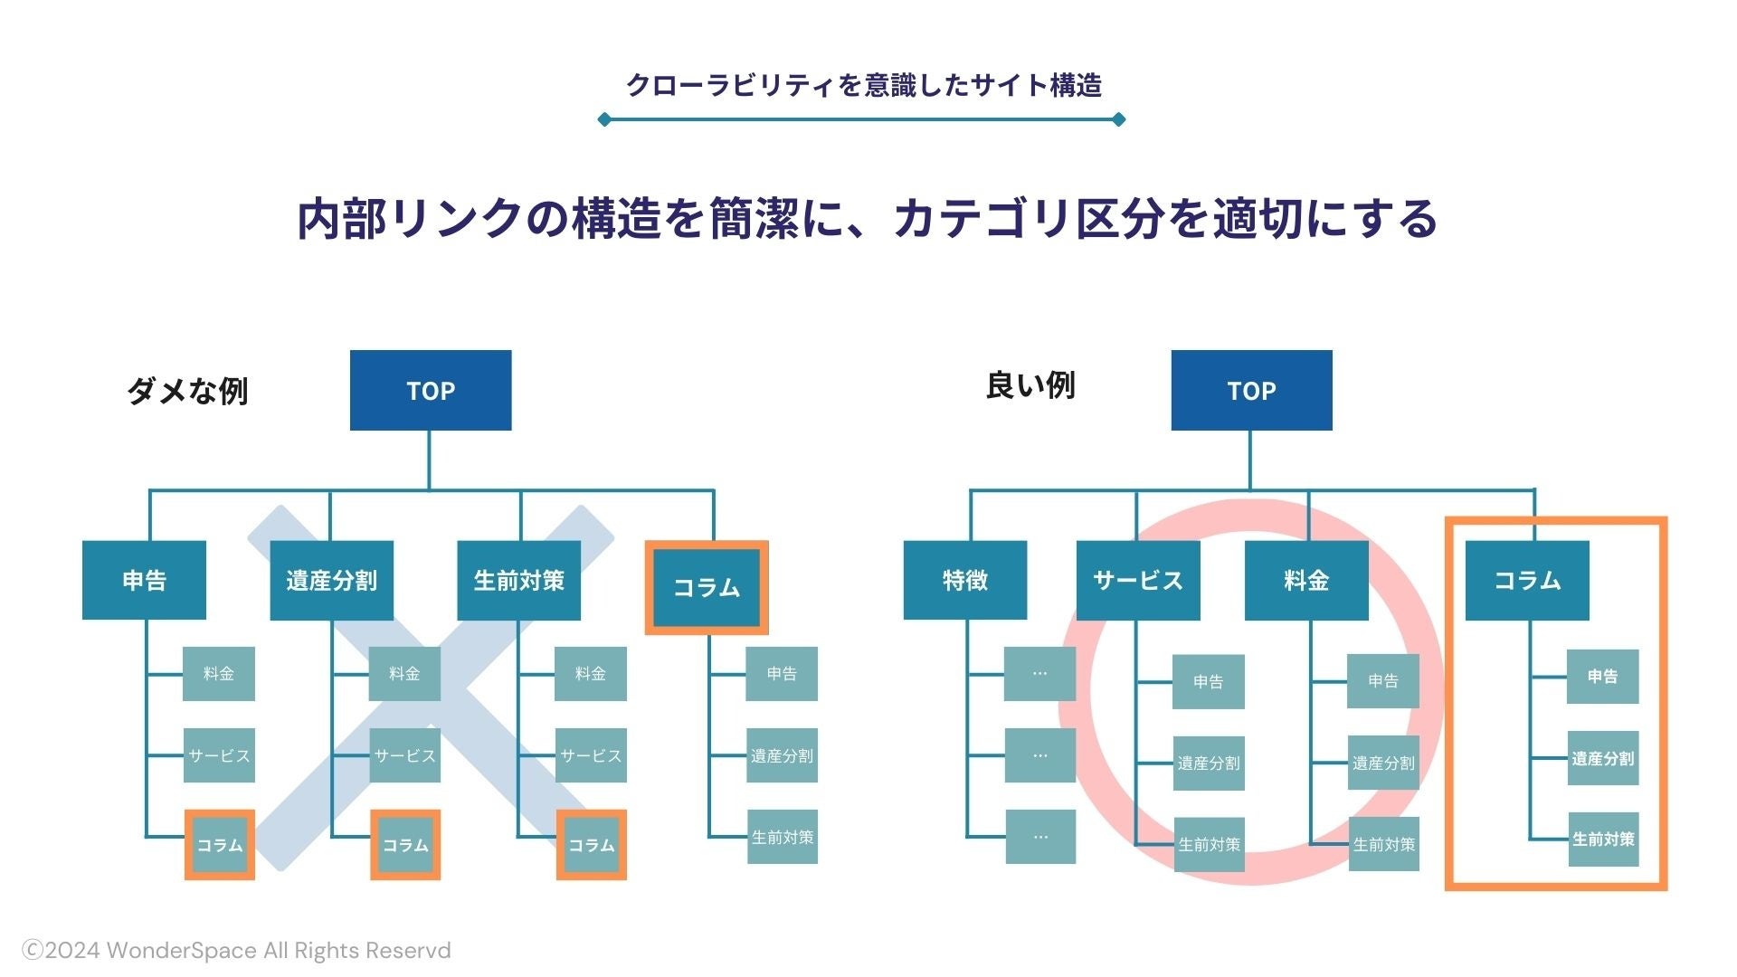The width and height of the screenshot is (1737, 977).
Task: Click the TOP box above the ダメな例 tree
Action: pyautogui.click(x=431, y=390)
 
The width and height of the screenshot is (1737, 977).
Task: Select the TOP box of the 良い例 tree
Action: pyautogui.click(x=1251, y=390)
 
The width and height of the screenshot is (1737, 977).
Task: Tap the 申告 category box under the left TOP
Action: pyautogui.click(x=144, y=580)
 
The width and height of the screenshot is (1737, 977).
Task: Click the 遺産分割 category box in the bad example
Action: pyautogui.click(x=331, y=580)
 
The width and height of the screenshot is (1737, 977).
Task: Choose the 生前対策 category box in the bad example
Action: pyautogui.click(x=518, y=580)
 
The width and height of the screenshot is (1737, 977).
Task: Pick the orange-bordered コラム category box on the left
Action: pyautogui.click(x=707, y=587)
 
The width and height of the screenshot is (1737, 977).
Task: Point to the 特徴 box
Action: pyautogui.click(x=965, y=580)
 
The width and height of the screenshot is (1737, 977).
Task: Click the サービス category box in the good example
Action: pyautogui.click(x=1138, y=580)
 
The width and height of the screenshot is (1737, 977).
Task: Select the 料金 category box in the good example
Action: pyautogui.click(x=1306, y=580)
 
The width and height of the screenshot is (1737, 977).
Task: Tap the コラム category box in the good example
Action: pyautogui.click(x=1527, y=580)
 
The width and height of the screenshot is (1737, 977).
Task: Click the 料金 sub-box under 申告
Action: pyautogui.click(x=219, y=673)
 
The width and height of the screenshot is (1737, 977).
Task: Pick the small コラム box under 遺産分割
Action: pyautogui.click(x=405, y=845)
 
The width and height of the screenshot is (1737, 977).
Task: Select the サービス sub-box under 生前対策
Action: pyautogui.click(x=591, y=755)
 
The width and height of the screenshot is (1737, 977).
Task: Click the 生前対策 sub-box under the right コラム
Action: pyautogui.click(x=1603, y=839)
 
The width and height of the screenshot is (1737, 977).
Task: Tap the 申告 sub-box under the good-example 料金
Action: pyautogui.click(x=1383, y=681)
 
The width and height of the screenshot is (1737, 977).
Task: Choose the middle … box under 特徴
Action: pyautogui.click(x=1040, y=755)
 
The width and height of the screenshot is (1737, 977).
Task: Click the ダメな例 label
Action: pyautogui.click(x=187, y=391)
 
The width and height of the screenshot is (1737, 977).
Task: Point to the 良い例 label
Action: pyautogui.click(x=1030, y=385)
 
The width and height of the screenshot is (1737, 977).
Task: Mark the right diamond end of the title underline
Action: pyautogui.click(x=1118, y=119)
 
